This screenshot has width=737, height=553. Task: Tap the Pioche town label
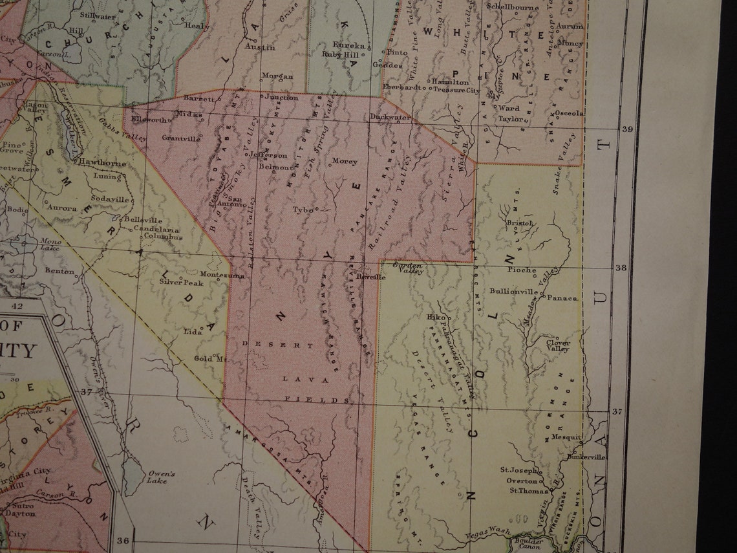[522, 270]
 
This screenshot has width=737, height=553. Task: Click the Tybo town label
[302, 210]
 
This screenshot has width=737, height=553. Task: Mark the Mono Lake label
[50, 244]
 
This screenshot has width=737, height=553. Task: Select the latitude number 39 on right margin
[626, 129]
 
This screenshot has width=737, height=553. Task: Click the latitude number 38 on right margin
[621, 267]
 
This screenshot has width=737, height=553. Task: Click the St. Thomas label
[524, 491]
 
